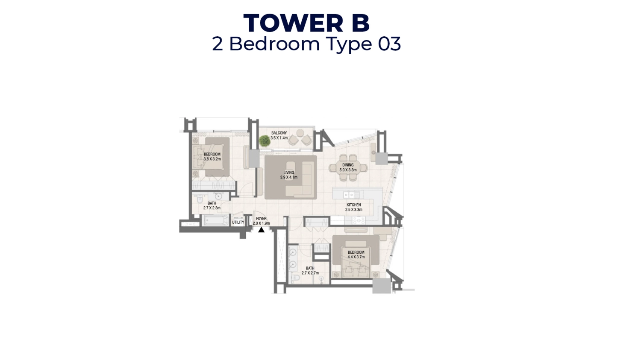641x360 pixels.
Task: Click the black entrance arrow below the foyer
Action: pyautogui.click(x=261, y=230)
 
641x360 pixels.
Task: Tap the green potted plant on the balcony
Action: pyautogui.click(x=265, y=140)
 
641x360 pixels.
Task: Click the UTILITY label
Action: pyautogui.click(x=238, y=222)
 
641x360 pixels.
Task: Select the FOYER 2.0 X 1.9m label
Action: pyautogui.click(x=261, y=221)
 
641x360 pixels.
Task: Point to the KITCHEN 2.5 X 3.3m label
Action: pyautogui.click(x=353, y=208)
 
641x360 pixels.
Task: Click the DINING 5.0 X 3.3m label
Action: pyautogui.click(x=348, y=167)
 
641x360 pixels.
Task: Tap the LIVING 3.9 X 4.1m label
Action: pyautogui.click(x=289, y=175)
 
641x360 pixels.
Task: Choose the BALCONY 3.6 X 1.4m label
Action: pyautogui.click(x=279, y=136)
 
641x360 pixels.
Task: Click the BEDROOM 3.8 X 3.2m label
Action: pyautogui.click(x=212, y=157)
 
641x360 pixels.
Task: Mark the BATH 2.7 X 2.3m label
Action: pyautogui.click(x=212, y=206)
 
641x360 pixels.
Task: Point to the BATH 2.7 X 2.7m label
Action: pyautogui.click(x=310, y=271)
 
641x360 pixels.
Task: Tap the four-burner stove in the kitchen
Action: pyautogui.click(x=358, y=220)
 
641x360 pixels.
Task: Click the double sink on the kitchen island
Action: pyautogui.click(x=349, y=195)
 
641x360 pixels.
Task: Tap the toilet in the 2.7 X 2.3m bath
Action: pyautogui.click(x=199, y=200)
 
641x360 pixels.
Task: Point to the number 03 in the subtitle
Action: pyautogui.click(x=389, y=44)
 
